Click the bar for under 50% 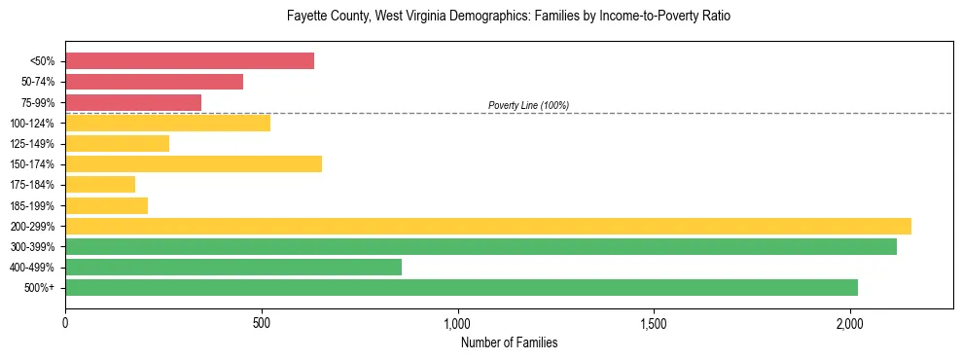[190, 61]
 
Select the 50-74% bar [154, 82]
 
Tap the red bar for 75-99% [133, 102]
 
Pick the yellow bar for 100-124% [167, 123]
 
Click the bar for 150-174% [194, 163]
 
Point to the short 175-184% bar [100, 184]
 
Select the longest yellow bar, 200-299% [488, 226]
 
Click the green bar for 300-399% [481, 246]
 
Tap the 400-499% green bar [233, 267]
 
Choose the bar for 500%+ [461, 287]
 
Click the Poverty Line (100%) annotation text [528, 105]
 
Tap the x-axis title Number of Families [509, 342]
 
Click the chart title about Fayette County [509, 17]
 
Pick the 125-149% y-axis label [33, 144]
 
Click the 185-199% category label [33, 205]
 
